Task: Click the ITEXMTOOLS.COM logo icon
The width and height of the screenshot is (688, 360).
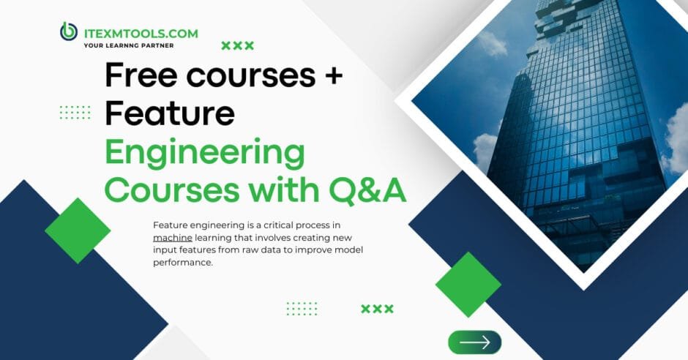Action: coord(69,32)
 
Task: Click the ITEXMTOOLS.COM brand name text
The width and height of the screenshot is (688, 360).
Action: coord(139,32)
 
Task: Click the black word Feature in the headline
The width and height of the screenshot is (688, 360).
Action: coord(169,113)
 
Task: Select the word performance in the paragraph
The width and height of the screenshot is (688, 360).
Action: coord(183,263)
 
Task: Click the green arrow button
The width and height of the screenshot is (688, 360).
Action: coord(474,342)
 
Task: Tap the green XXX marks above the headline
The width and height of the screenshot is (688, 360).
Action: coord(238,46)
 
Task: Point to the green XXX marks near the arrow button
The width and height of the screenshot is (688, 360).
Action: coord(377,309)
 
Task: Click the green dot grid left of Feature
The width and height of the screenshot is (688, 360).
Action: coord(75,112)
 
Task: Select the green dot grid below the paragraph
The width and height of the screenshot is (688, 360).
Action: coord(302,309)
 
